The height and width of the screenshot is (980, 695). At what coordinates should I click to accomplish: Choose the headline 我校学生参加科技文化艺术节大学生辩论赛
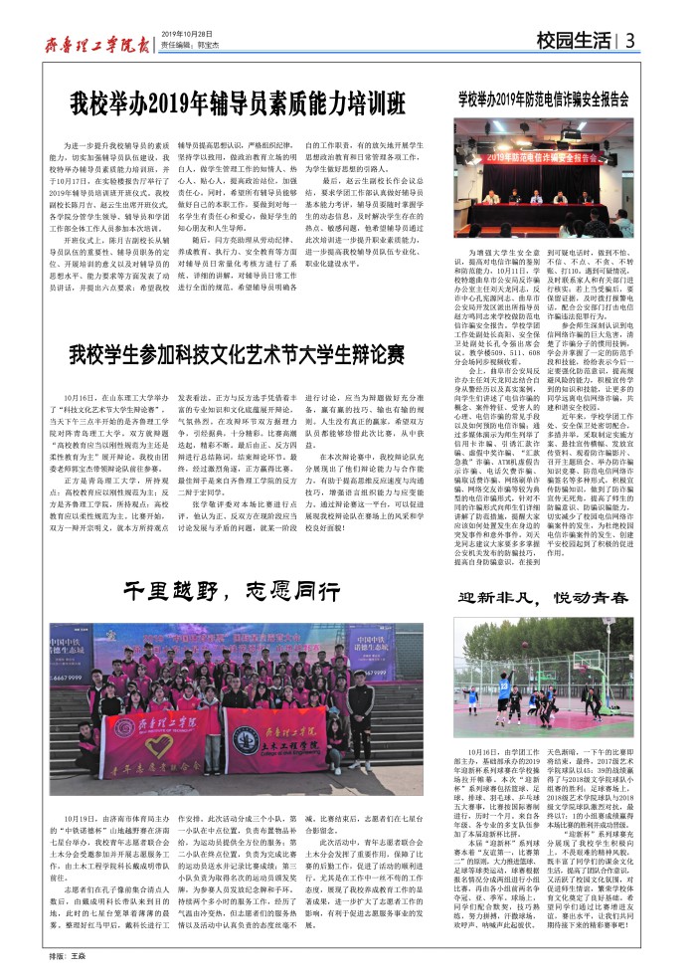(237, 354)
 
